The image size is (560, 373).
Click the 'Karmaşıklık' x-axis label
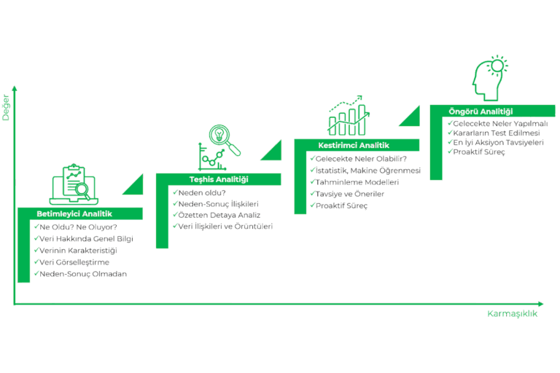pyautogui.click(x=513, y=314)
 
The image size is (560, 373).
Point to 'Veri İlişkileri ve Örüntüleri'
pyautogui.click(x=225, y=227)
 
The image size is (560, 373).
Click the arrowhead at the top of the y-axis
pyautogui.click(x=14, y=87)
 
